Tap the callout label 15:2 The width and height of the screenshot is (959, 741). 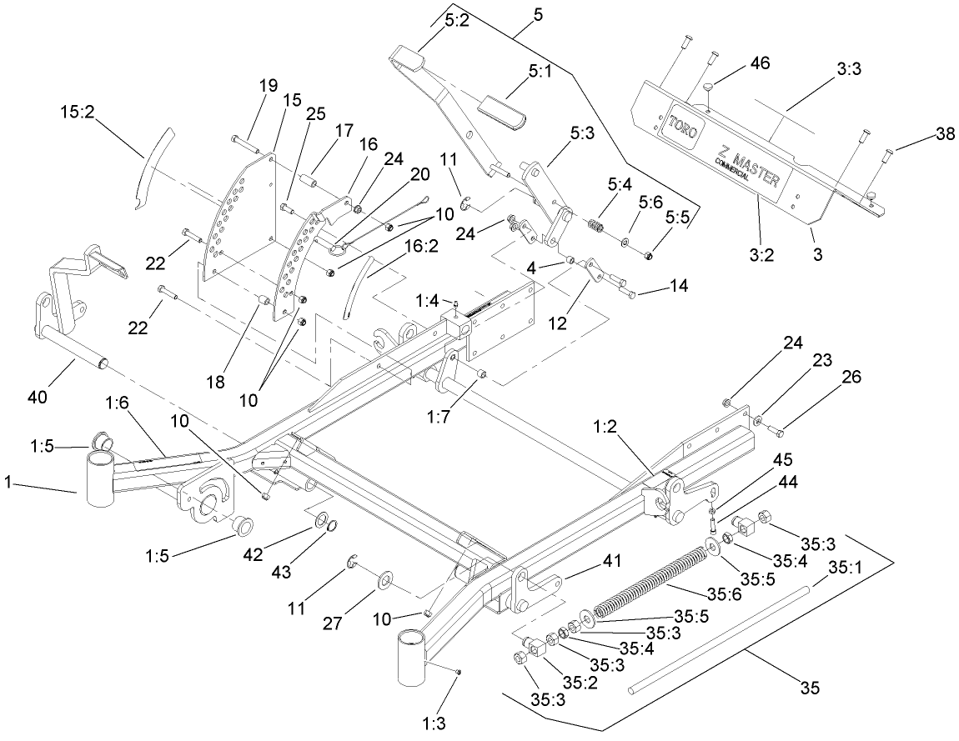76,110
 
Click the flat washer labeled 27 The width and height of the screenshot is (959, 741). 388,578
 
